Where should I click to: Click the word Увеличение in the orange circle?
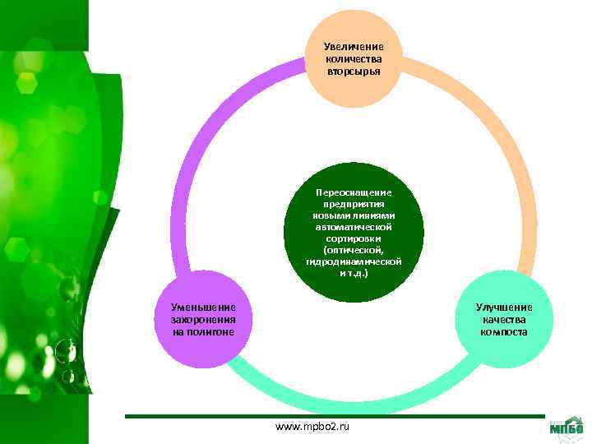[354, 47]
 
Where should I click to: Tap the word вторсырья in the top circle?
[354, 71]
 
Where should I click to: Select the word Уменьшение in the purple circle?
[203, 308]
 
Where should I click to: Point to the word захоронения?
[203, 320]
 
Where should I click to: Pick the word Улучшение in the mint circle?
[504, 308]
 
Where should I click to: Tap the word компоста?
[504, 331]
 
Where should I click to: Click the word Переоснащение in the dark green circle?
[354, 191]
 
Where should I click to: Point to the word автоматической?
[354, 225]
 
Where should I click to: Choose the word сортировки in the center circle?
[354, 237]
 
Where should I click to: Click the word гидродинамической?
[354, 261]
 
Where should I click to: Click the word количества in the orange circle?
[354, 58]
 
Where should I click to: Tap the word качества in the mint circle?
[504, 320]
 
